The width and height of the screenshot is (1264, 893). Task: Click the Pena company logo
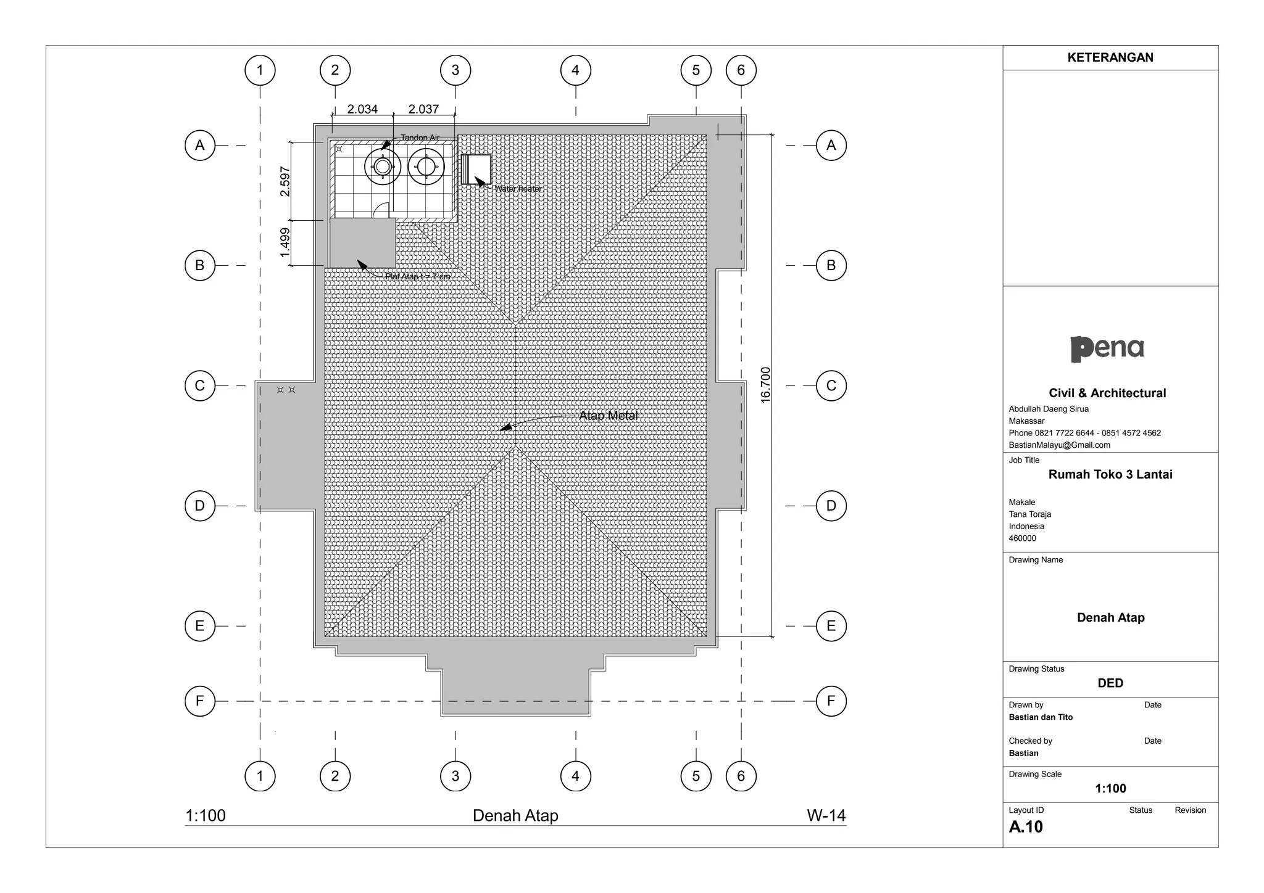(x=1107, y=348)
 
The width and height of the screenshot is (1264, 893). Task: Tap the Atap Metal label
(x=608, y=416)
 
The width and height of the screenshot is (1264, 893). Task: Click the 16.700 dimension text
(x=765, y=385)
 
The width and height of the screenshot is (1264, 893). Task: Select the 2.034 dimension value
(x=362, y=109)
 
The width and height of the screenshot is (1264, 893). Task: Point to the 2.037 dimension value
(x=423, y=109)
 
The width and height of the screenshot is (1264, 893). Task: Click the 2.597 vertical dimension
(x=285, y=181)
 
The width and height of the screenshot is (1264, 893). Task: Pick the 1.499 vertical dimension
(x=285, y=243)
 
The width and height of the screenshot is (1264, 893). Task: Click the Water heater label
(x=518, y=189)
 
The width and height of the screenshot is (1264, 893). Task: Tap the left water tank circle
(x=383, y=167)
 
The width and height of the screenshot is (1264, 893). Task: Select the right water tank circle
(x=426, y=167)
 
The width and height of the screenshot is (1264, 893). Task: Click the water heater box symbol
(x=476, y=169)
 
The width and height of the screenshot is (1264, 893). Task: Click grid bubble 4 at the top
(x=575, y=70)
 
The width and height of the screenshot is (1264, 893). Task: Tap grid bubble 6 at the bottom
(x=741, y=776)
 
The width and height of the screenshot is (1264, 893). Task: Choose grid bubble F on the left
(x=200, y=701)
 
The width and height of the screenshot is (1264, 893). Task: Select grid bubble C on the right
(x=831, y=386)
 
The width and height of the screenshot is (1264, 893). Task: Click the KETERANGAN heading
(x=1110, y=57)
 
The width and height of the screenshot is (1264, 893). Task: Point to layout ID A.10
(x=1026, y=827)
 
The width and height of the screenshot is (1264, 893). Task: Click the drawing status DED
(x=1110, y=683)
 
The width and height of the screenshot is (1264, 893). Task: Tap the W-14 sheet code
(x=826, y=815)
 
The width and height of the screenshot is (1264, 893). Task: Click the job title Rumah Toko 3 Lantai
(x=1110, y=474)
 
